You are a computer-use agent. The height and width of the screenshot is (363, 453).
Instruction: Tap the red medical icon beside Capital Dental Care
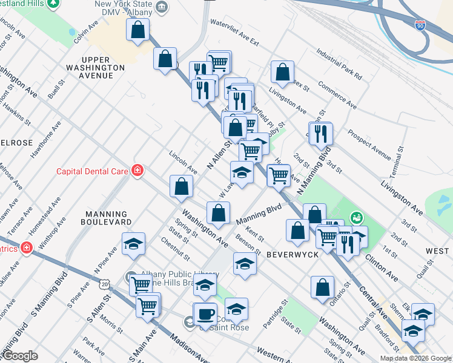(x=138, y=171)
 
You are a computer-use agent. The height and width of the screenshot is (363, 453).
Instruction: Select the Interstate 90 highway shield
(x=420, y=25)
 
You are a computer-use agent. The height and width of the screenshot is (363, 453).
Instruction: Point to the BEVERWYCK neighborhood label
(x=293, y=255)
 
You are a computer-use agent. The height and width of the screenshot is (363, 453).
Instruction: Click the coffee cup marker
(x=205, y=314)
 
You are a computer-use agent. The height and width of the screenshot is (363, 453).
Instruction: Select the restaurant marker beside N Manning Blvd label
(x=320, y=133)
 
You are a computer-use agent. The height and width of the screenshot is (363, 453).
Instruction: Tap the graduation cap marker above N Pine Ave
(x=133, y=244)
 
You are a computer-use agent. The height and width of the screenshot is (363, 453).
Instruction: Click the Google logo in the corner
(x=20, y=356)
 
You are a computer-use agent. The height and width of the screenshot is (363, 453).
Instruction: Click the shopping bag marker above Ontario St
(x=323, y=287)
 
